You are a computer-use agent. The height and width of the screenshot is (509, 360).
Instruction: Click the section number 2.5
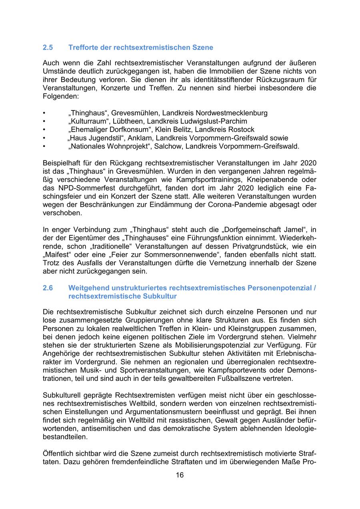(x=48, y=48)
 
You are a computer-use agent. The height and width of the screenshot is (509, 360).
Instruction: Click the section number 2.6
(x=48, y=288)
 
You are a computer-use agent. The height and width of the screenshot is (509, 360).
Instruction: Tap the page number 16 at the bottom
(x=180, y=475)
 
